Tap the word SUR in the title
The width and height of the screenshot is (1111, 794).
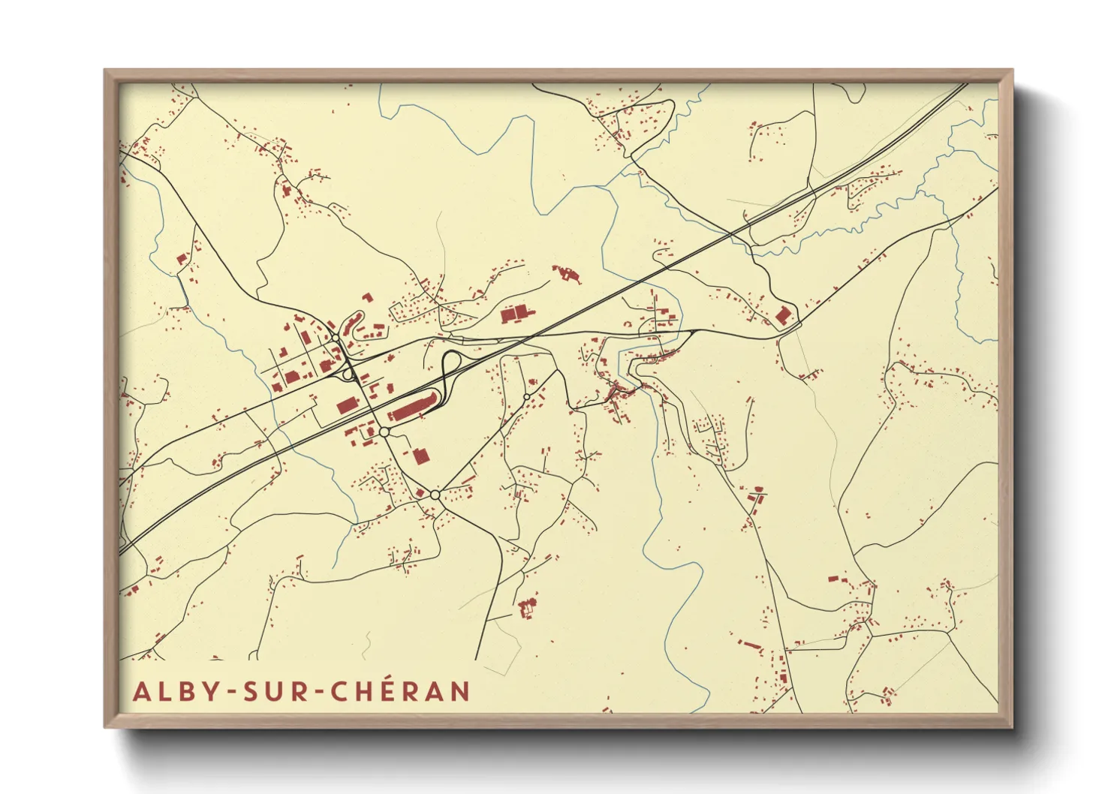coord(275,691)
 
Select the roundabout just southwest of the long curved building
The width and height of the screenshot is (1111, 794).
coord(384,432)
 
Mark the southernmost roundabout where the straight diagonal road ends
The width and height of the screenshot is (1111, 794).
coord(435,495)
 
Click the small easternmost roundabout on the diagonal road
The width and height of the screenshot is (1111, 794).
coord(527,396)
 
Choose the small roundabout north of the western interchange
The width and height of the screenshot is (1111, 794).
coord(335,339)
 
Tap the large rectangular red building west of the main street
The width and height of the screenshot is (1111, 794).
coord(347,405)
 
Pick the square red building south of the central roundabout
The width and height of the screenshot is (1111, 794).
coord(420,455)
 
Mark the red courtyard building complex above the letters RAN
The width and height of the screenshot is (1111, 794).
coord(528,605)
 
